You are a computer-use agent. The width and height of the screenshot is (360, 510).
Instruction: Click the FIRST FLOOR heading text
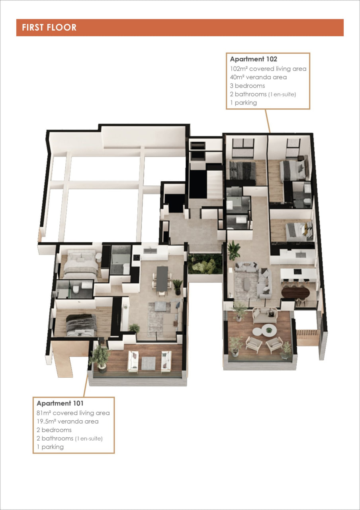(x=49, y=27)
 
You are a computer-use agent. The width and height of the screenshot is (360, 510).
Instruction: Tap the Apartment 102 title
(x=254, y=59)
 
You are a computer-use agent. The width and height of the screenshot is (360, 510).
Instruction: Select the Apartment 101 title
(x=60, y=403)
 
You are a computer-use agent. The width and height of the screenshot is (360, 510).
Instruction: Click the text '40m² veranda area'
(x=258, y=77)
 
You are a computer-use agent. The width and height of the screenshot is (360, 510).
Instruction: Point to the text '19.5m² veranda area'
(x=68, y=422)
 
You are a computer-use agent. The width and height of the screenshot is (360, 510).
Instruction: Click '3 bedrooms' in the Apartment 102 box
(x=247, y=86)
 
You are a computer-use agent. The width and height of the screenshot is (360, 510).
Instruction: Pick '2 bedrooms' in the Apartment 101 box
(x=54, y=430)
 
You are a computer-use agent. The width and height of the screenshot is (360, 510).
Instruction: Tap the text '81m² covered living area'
(x=73, y=413)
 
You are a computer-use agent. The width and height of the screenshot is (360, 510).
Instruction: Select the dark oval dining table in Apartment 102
(x=295, y=292)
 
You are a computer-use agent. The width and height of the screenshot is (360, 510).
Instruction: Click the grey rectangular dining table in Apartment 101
(x=162, y=279)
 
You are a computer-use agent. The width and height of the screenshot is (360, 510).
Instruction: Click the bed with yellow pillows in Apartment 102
(x=299, y=231)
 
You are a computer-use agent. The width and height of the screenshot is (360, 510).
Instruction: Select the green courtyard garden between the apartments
(x=205, y=264)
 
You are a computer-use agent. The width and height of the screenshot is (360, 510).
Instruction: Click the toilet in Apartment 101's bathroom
(x=76, y=290)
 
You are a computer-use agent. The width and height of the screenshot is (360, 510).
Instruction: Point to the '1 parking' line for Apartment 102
(x=243, y=103)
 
